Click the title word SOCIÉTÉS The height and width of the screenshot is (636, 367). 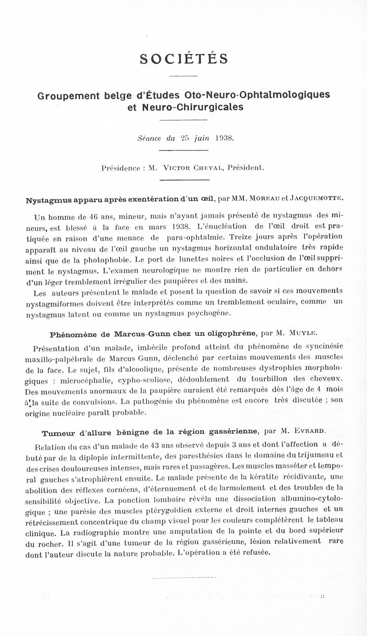pos(183,59)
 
